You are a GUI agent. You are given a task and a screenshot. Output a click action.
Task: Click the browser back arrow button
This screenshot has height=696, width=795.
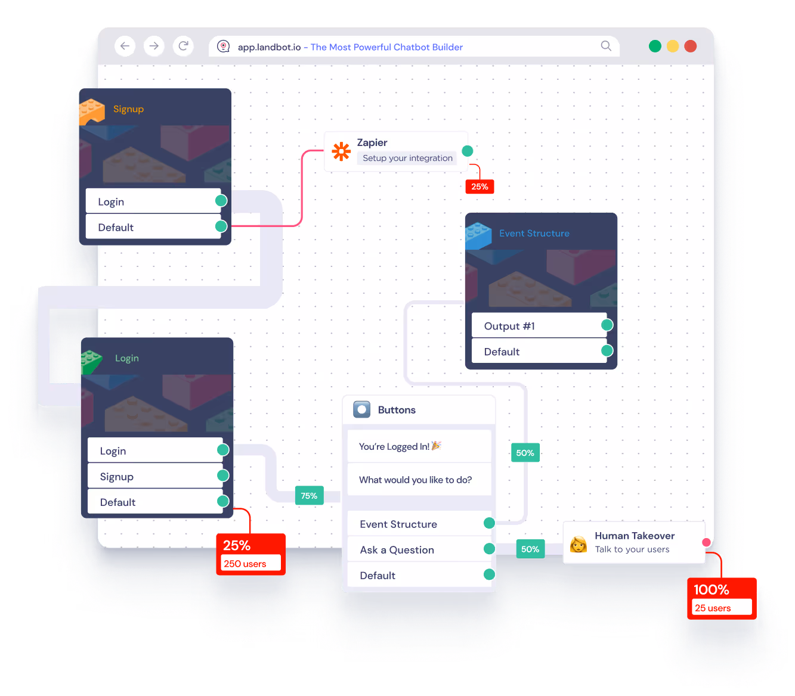(x=125, y=46)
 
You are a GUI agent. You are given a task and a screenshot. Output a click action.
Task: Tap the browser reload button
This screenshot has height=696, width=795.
(x=183, y=46)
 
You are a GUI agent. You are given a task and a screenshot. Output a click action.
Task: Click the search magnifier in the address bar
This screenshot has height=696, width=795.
(x=606, y=46)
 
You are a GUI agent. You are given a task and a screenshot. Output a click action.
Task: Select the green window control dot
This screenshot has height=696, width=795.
(x=655, y=46)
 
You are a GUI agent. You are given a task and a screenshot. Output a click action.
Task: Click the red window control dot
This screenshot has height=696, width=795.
(x=691, y=46)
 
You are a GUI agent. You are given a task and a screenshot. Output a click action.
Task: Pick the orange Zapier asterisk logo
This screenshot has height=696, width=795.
(x=341, y=151)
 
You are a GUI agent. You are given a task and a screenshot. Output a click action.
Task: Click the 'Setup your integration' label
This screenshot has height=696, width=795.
(x=407, y=158)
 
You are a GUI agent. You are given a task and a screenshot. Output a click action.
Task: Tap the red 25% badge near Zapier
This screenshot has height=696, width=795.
(x=480, y=187)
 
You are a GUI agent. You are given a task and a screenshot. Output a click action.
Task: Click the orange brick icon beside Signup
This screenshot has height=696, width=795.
(x=92, y=111)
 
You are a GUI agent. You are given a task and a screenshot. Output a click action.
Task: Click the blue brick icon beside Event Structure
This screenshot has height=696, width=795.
(x=478, y=235)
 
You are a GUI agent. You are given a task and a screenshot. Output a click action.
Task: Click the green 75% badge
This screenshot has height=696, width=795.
(x=309, y=496)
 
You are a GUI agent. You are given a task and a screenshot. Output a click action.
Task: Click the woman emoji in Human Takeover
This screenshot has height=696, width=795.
(x=578, y=544)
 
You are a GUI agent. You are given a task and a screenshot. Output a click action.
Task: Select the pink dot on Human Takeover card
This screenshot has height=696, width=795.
(x=706, y=542)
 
